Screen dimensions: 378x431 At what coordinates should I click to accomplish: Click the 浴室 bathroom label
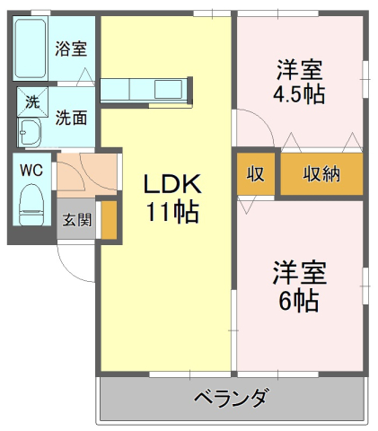tap(71, 48)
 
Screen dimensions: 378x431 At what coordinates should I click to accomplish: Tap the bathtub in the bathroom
tap(31, 48)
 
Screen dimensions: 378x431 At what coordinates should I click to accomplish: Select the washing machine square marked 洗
tap(32, 102)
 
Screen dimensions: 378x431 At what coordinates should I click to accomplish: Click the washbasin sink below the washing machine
tap(30, 132)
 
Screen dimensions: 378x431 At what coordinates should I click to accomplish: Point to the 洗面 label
tap(71, 118)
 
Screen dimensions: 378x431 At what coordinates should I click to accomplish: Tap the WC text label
tap(31, 171)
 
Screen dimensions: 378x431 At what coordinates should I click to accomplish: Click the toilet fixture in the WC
tap(31, 205)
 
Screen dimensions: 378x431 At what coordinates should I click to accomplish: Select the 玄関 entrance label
tap(76, 220)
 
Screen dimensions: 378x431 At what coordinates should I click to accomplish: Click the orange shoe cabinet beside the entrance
tap(109, 220)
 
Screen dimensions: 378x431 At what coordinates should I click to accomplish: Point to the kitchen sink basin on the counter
tap(168, 89)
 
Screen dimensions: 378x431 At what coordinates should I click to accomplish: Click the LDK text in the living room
tap(172, 184)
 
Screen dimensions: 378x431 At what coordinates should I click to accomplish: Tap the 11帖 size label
tap(172, 212)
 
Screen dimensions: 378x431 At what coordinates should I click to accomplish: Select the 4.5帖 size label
tap(299, 94)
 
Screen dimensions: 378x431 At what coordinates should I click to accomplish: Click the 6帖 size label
tap(299, 301)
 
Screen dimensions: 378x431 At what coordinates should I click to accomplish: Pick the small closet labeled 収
tap(256, 174)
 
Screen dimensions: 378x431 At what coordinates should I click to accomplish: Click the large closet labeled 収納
tap(321, 174)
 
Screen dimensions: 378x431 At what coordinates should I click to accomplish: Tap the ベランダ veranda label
tap(231, 398)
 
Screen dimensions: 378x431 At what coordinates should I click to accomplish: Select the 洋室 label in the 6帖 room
tap(299, 273)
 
